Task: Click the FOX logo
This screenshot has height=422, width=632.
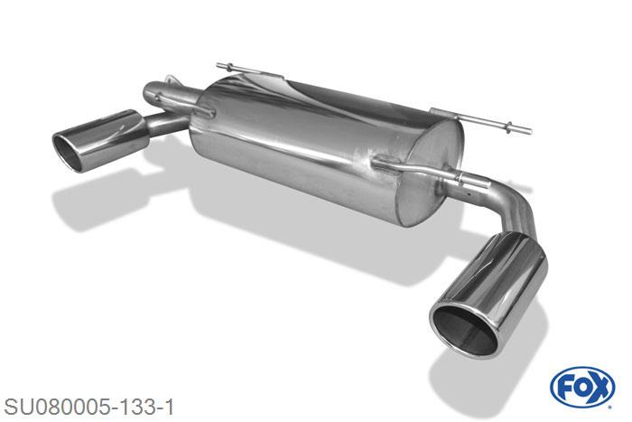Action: (x=582, y=388)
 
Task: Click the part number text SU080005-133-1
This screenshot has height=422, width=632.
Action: (x=88, y=407)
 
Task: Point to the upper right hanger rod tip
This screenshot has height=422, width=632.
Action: (x=528, y=130)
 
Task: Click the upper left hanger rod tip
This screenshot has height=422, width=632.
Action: (x=219, y=65)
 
